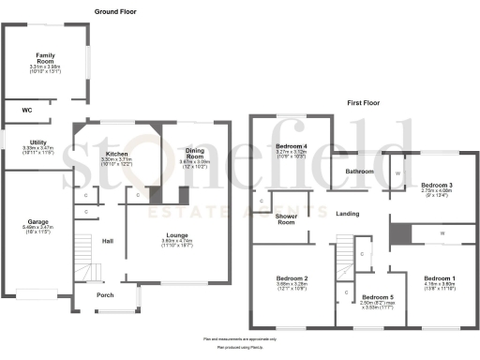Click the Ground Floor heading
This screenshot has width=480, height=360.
(116, 11)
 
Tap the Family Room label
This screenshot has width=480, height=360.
(44, 58)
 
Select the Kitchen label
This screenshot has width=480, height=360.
(116, 154)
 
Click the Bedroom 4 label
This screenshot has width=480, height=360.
(292, 145)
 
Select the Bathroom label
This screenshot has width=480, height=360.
(360, 172)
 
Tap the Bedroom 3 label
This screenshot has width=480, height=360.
(436, 185)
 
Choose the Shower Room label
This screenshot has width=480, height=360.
(287, 217)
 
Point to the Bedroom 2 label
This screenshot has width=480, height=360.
(292, 279)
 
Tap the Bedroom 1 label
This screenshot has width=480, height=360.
(439, 279)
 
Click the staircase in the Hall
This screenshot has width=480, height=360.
(87, 272)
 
